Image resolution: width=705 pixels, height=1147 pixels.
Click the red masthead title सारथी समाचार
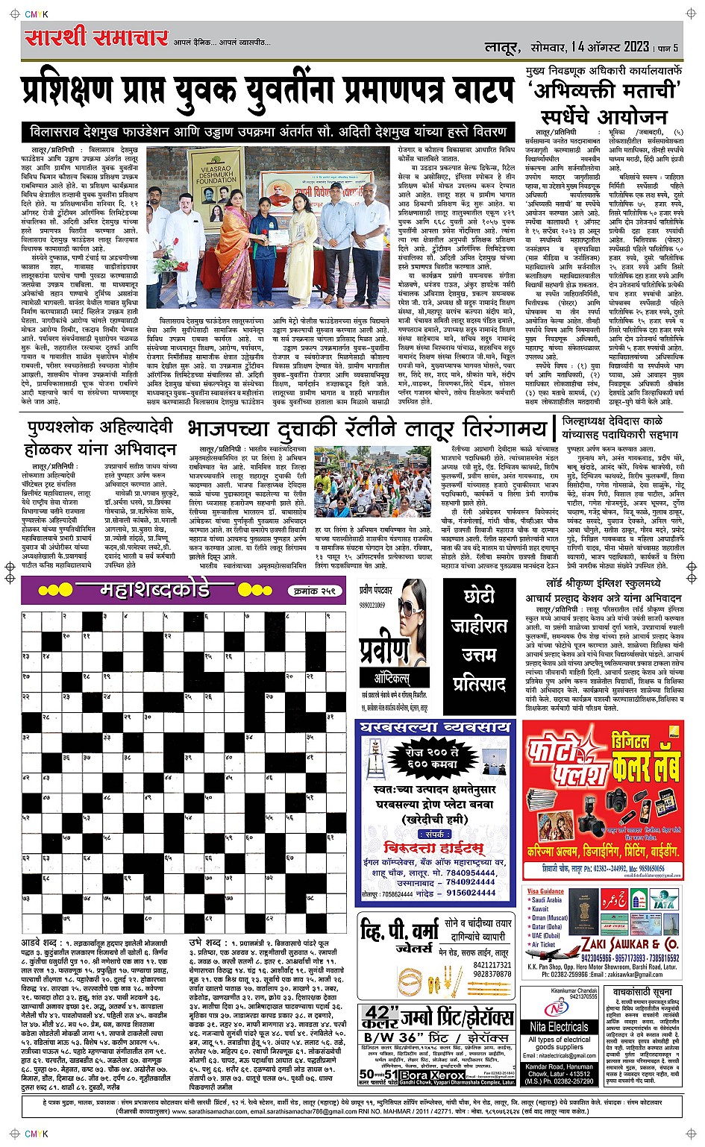(x=95, y=38)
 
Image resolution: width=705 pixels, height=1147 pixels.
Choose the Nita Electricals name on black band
(x=560, y=1026)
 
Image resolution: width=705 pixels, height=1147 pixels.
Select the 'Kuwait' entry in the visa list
(x=542, y=909)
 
